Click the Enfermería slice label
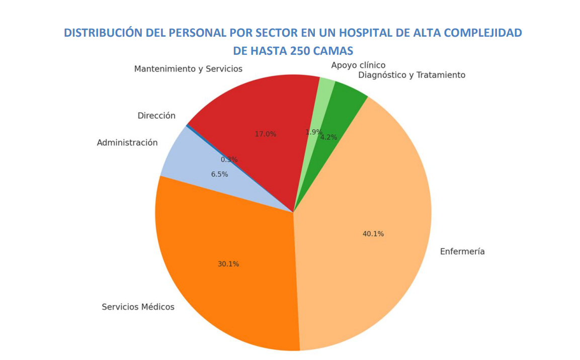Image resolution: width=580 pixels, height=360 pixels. [x=462, y=251]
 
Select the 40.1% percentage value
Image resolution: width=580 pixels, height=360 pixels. [x=373, y=234]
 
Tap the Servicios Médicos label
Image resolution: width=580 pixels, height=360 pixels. [x=138, y=307]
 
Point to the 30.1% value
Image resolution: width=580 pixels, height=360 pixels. [x=228, y=264]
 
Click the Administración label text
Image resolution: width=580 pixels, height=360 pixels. [x=127, y=143]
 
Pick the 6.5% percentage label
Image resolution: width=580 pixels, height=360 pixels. [x=219, y=174]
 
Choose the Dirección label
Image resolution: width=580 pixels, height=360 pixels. [x=156, y=116]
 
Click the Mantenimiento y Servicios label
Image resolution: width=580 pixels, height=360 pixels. [x=188, y=69]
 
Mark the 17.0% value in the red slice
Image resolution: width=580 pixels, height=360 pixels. [x=265, y=134]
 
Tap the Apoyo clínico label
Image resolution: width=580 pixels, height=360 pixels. [x=358, y=65]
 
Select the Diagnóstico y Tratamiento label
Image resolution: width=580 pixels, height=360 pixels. [x=411, y=75]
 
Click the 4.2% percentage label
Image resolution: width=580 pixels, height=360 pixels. [x=329, y=137]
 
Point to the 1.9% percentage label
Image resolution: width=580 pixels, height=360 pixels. [x=313, y=132]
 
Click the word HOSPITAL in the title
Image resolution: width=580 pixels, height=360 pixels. [x=368, y=33]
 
